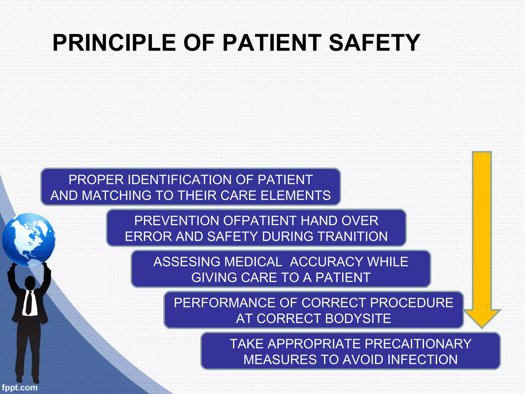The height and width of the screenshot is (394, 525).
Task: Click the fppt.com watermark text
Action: pos(19,387)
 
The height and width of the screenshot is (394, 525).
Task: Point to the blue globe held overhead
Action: pos(29,240)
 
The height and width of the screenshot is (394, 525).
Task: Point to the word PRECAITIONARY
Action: pos(418,344)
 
